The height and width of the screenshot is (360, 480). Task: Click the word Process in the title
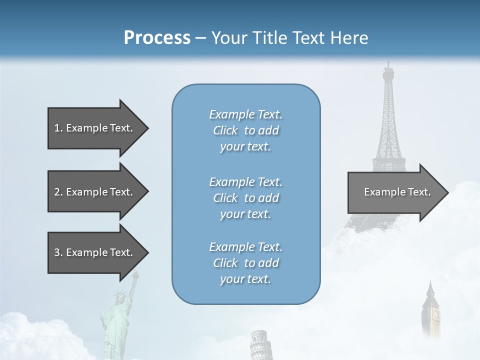click(157, 38)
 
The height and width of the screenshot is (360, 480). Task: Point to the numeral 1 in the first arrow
click(57, 128)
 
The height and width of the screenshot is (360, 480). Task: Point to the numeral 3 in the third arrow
click(57, 252)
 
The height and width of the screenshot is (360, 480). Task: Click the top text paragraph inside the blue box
click(245, 130)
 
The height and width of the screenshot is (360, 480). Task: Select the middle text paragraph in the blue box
click(245, 198)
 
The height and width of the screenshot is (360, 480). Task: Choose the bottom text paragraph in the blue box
click(245, 263)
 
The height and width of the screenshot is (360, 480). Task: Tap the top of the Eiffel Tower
click(388, 67)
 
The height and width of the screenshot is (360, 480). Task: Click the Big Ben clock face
click(435, 314)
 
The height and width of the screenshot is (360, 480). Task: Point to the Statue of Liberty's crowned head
click(120, 295)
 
